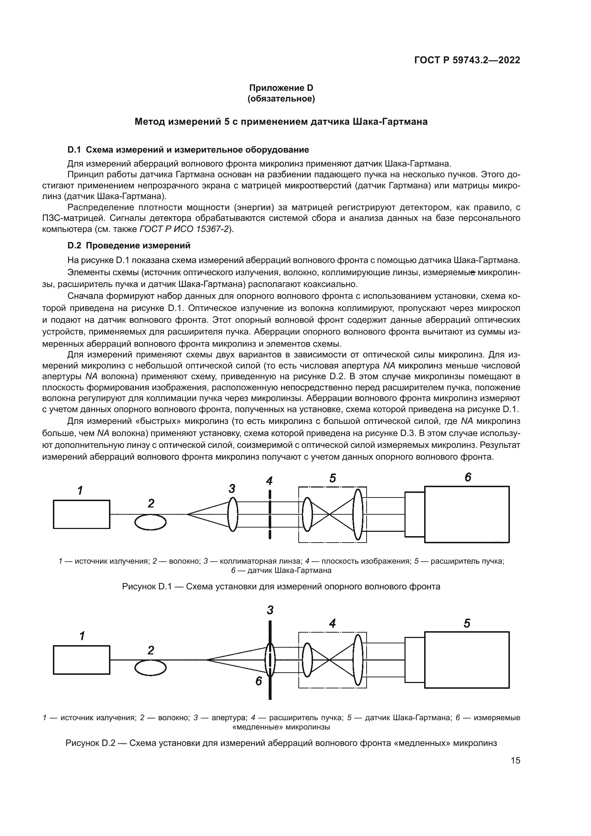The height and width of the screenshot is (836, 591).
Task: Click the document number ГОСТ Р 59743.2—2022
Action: coord(467,60)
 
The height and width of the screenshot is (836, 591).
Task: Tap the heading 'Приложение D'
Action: coord(280,88)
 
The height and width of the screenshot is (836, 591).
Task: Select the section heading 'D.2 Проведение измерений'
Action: coord(129,246)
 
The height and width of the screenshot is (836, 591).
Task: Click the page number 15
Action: coord(515,761)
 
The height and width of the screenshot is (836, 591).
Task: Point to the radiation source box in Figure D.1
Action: coord(81,514)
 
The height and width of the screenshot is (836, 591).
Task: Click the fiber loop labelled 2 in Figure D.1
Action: coord(150,523)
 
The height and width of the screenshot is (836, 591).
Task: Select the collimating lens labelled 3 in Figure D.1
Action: coord(233,514)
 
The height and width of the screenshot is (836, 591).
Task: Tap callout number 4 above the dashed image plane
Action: coord(269,481)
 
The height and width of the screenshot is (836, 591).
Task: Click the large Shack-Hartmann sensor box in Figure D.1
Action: coord(467,514)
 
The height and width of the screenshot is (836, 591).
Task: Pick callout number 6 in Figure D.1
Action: coord(468,477)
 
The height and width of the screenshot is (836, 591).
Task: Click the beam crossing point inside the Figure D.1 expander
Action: coord(329,514)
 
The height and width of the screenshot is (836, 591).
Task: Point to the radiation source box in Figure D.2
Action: coord(81,660)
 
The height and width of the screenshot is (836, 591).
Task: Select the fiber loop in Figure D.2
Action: coord(150,668)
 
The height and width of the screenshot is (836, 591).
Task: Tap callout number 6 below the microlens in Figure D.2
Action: coord(259,681)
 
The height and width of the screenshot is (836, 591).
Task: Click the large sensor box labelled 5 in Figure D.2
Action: coord(467,660)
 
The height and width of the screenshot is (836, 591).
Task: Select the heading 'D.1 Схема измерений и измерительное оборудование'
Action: coord(188,150)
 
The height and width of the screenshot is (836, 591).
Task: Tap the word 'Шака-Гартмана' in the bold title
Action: coord(390,122)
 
